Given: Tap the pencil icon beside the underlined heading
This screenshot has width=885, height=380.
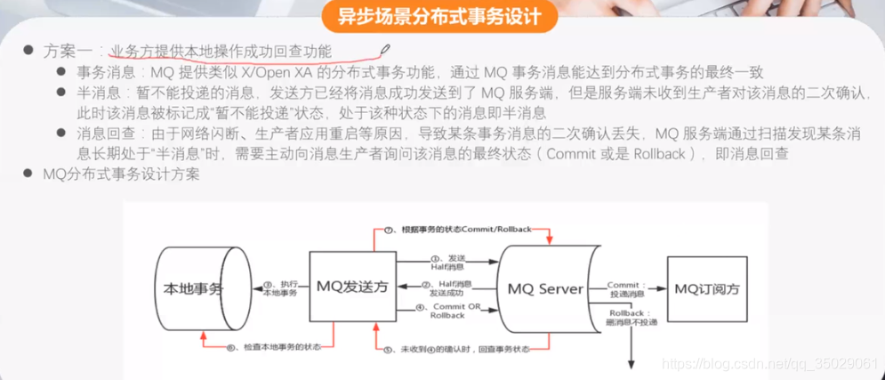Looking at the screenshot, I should (x=384, y=50).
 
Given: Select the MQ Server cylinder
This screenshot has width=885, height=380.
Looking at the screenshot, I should (x=545, y=288).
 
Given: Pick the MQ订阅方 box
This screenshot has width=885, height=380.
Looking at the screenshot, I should (x=706, y=288).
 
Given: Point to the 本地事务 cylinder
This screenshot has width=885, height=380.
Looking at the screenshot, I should (x=192, y=288).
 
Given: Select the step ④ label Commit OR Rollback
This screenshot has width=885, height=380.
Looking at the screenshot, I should (x=447, y=311).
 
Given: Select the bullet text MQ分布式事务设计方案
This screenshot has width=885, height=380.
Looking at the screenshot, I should (x=122, y=174).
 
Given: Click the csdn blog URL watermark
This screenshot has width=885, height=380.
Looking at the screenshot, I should (x=772, y=364).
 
